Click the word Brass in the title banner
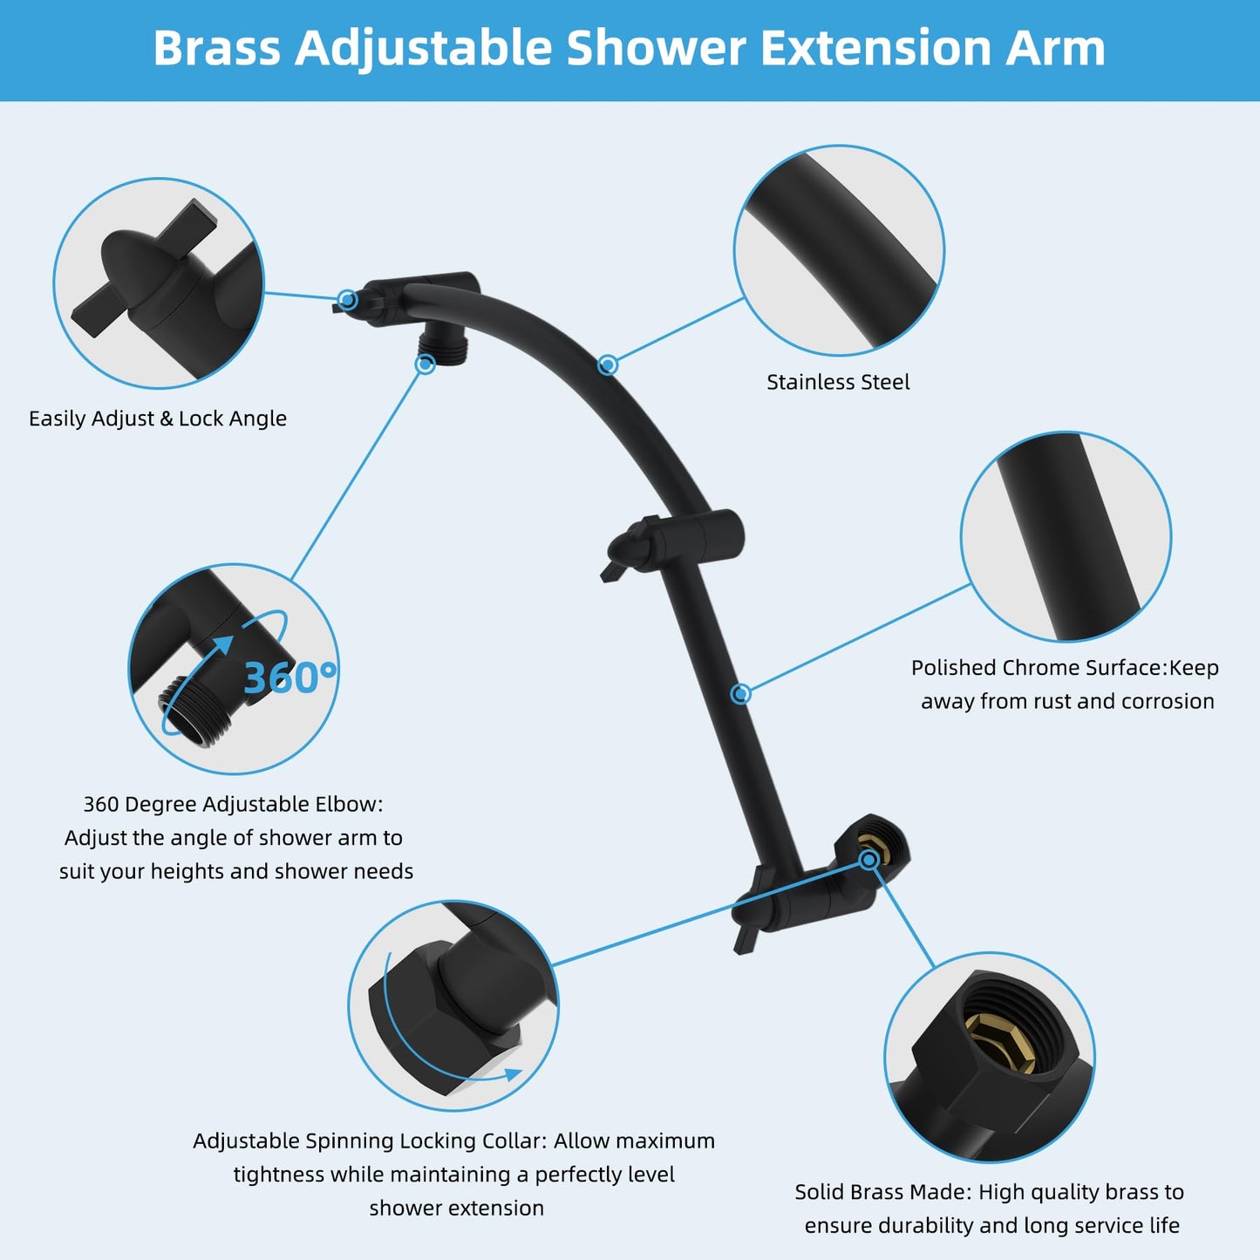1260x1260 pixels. [216, 48]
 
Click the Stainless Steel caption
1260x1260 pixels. [838, 382]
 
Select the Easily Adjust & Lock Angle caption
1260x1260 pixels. [158, 419]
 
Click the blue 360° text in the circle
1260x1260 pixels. [289, 678]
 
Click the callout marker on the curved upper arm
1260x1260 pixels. [608, 364]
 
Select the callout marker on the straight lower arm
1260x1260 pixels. [740, 693]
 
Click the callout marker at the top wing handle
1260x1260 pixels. [347, 300]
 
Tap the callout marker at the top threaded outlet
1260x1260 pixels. [425, 364]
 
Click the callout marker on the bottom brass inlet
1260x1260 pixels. [868, 860]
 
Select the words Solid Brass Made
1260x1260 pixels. [882, 1192]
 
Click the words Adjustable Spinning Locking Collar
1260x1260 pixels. [370, 1141]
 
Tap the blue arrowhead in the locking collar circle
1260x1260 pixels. [513, 1075]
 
